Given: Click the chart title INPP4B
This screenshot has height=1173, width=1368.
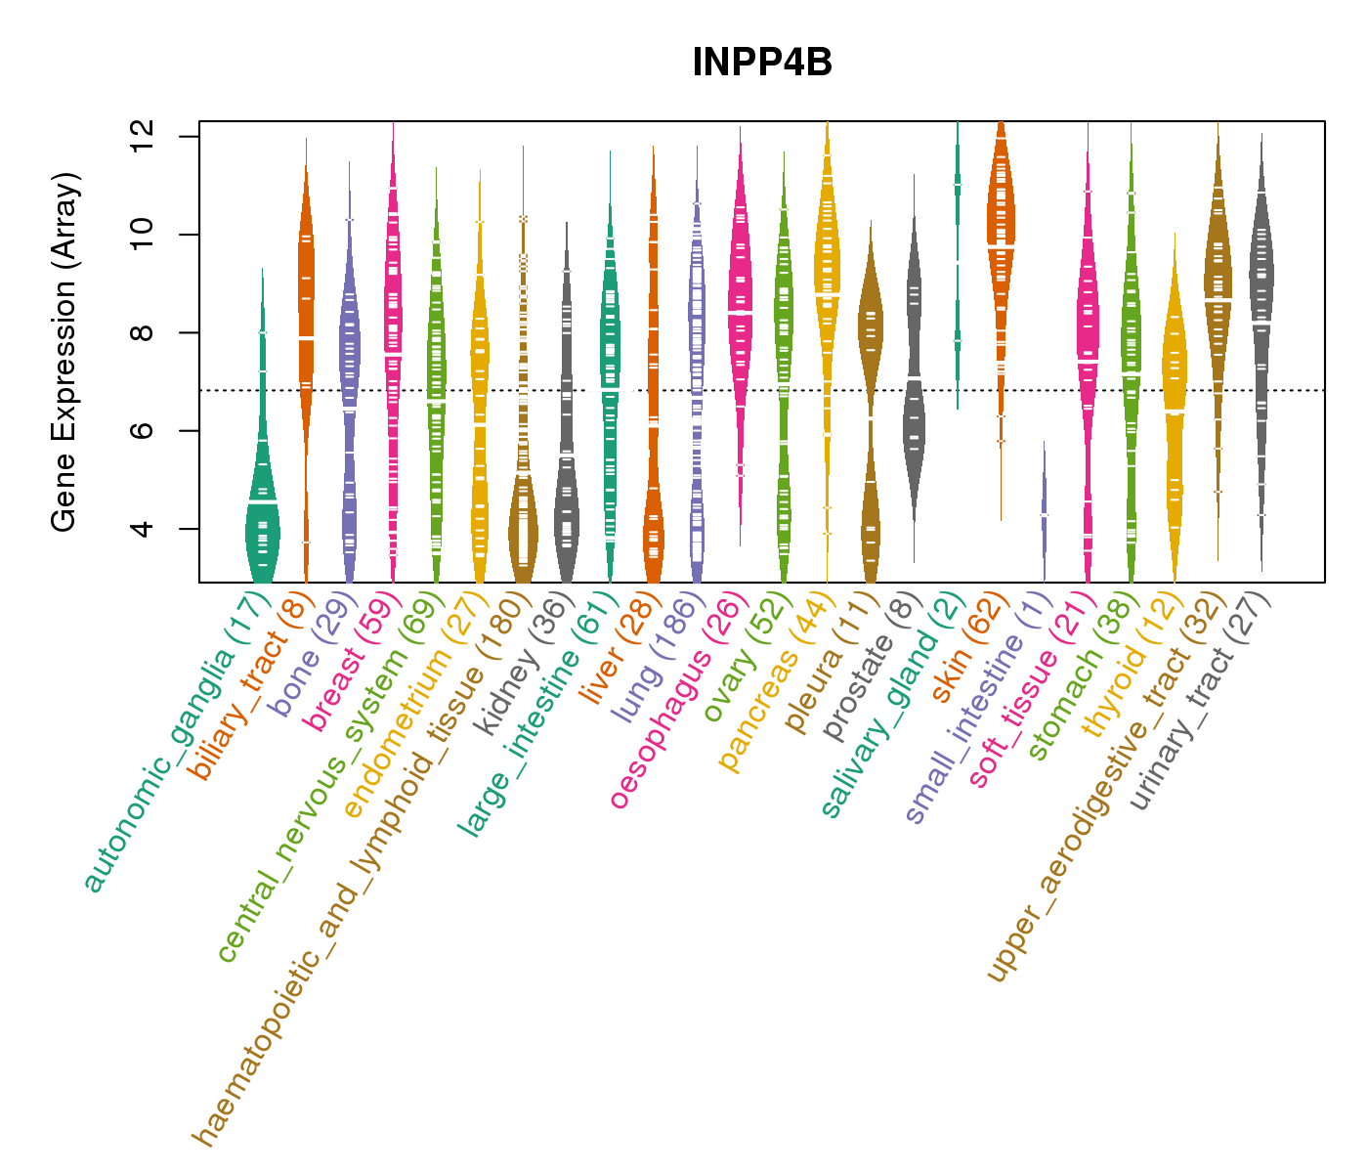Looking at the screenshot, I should click(x=762, y=64).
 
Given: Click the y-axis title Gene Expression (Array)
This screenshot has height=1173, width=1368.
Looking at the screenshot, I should click(x=64, y=353).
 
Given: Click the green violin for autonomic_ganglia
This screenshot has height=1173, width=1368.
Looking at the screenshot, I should click(x=262, y=528).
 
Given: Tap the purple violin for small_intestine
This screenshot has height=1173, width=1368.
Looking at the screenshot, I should click(x=1045, y=508).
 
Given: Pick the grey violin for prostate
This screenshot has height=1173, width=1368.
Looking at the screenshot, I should click(x=914, y=420).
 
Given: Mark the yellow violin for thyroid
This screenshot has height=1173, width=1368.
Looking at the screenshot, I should click(x=1175, y=411).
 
